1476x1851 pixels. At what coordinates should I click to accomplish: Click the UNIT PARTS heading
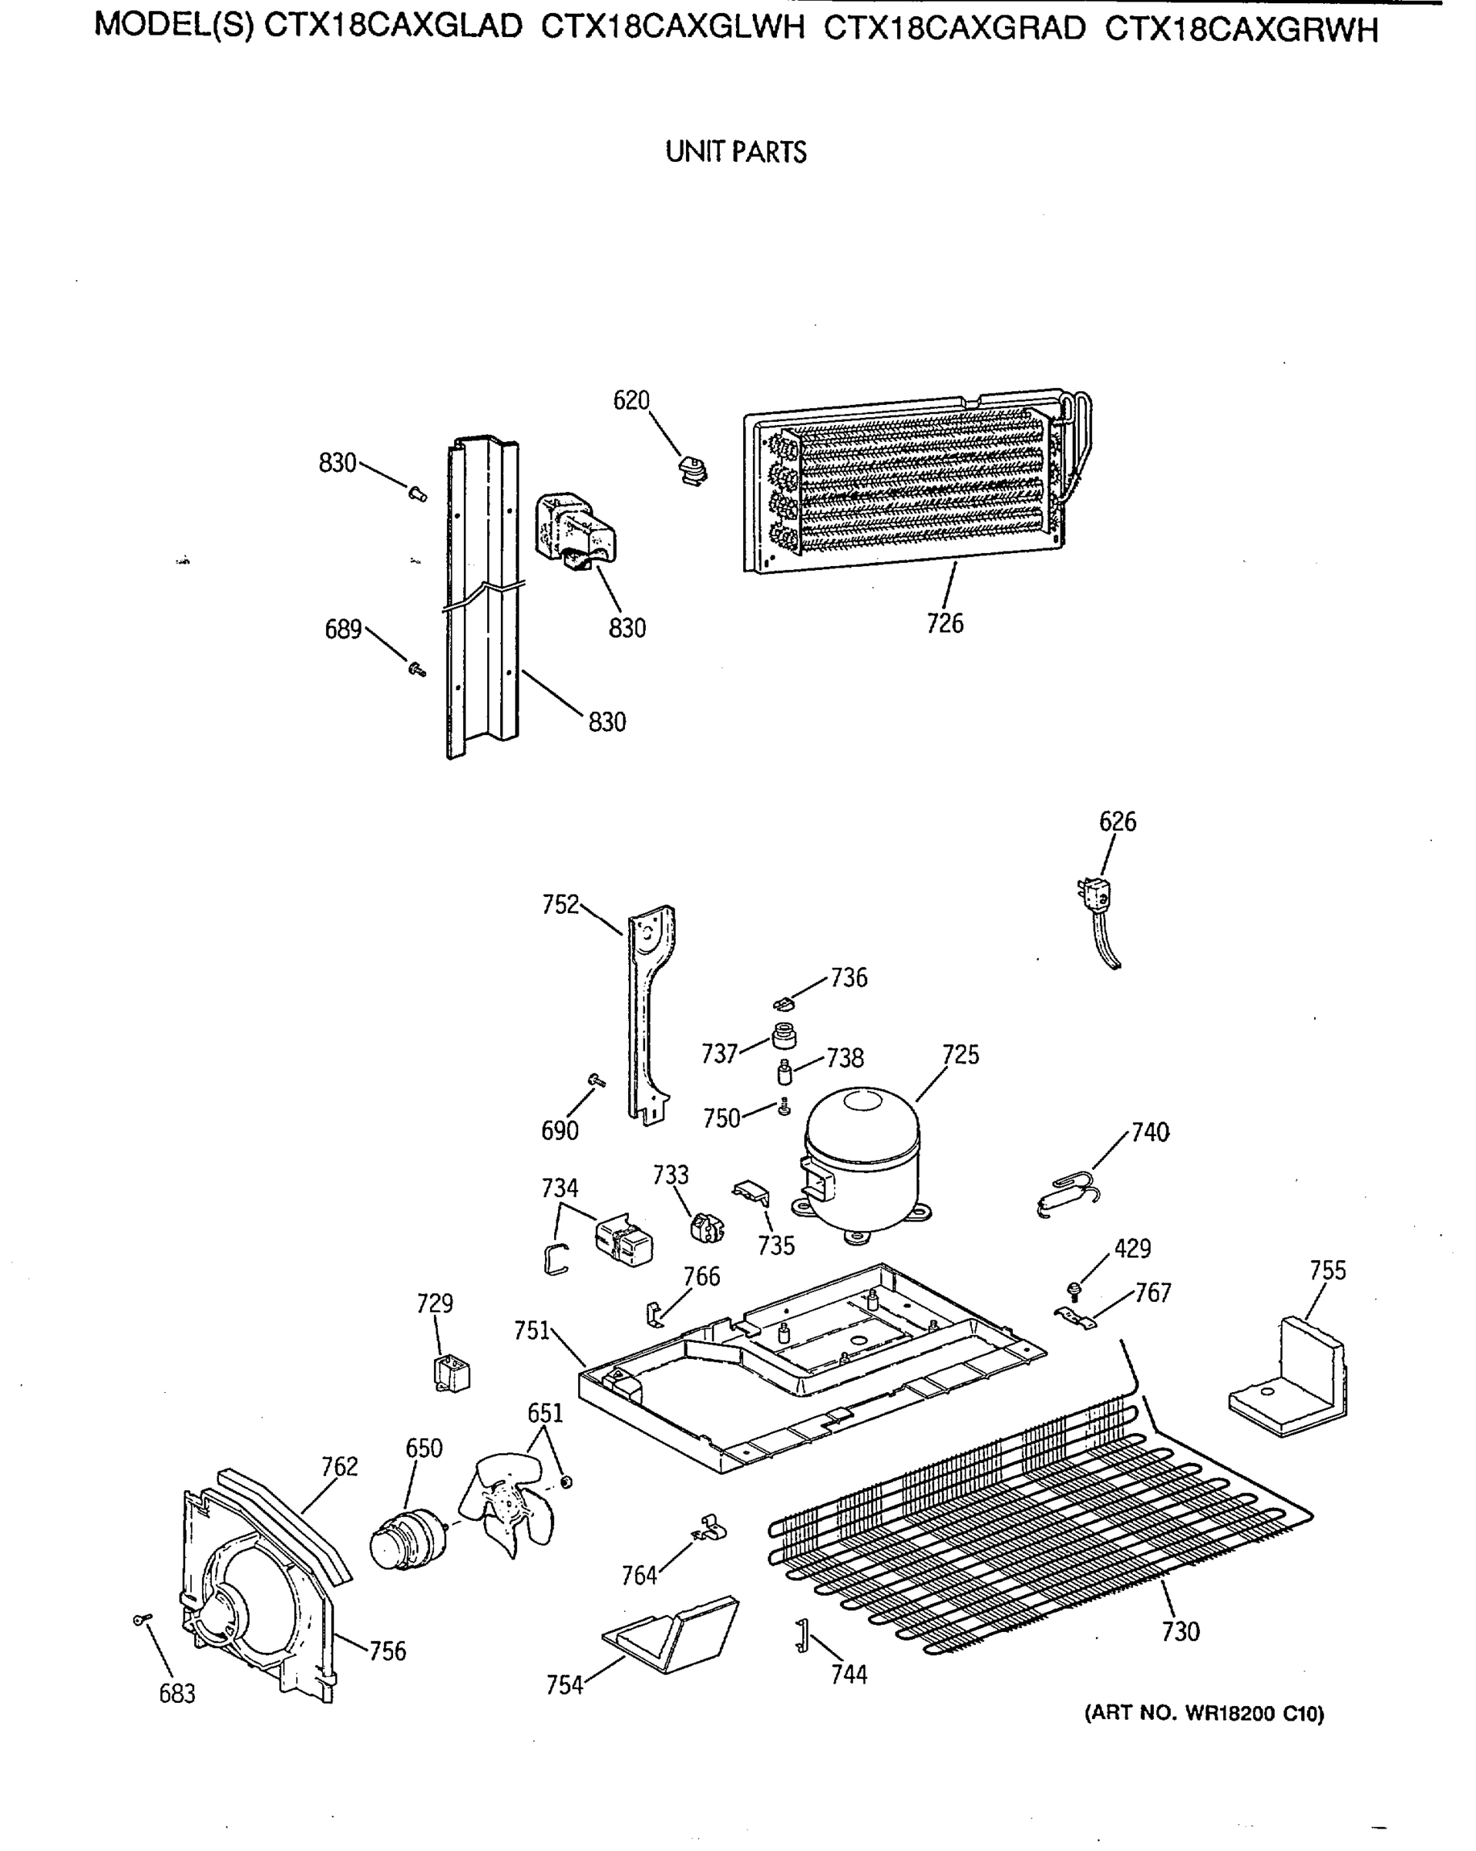pos(735,153)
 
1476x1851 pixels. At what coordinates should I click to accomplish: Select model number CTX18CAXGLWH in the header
pos(673,29)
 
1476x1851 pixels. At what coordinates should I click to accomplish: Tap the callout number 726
pos(945,623)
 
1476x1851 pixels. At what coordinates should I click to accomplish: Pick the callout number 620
pos(630,400)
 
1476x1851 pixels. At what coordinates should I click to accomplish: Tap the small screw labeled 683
pos(142,1619)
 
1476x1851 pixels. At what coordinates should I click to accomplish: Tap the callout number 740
pos(1150,1132)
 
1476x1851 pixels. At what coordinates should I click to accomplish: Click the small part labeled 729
pos(452,1373)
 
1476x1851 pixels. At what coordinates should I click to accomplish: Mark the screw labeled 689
pos(417,669)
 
